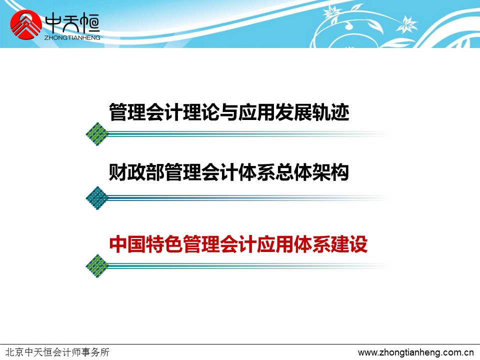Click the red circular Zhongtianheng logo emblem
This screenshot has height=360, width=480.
click(25, 25)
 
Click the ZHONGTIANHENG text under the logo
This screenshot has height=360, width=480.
click(72, 37)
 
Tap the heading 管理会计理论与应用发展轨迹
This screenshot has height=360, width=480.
click(229, 112)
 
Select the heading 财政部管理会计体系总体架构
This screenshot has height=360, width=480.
click(229, 172)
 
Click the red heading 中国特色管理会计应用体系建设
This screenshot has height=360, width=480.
click(238, 244)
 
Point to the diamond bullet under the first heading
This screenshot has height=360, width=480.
click(97, 134)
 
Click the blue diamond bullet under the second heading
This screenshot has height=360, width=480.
click(97, 198)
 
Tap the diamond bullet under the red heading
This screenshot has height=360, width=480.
click(97, 266)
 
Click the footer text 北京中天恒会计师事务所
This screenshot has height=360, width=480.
click(57, 352)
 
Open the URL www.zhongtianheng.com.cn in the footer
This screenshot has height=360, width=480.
click(415, 352)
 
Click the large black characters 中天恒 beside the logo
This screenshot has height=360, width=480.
click(72, 24)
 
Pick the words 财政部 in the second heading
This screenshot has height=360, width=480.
click(136, 172)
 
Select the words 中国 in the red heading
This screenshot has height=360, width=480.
click(127, 244)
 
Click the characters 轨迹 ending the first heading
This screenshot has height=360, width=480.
click(331, 112)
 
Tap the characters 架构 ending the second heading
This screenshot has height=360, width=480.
click(331, 172)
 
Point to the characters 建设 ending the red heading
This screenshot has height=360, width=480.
click(349, 244)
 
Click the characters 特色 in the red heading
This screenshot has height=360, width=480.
click(164, 244)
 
